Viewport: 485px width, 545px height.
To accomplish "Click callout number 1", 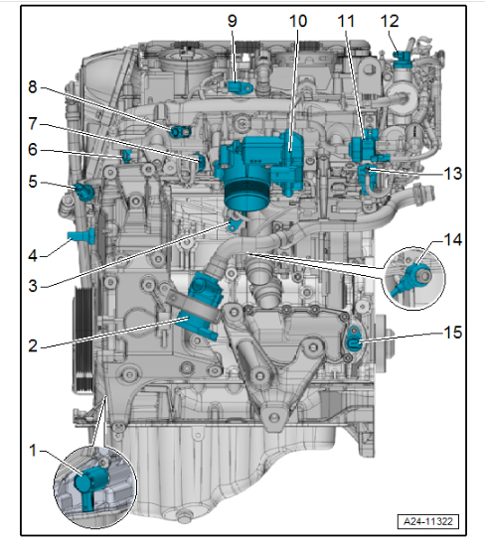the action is [x=33, y=450].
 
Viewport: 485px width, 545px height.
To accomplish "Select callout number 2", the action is [x=33, y=345].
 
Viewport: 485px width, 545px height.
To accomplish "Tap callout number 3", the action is [x=33, y=286].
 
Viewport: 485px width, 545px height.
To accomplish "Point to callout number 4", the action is [x=33, y=255].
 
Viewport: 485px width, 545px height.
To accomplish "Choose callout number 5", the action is [x=33, y=182].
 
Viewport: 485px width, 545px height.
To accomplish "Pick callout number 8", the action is [x=33, y=87].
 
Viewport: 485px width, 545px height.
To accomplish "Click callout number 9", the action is [x=233, y=21].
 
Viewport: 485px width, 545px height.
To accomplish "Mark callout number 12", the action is [x=390, y=21].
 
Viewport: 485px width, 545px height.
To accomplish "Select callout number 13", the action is [x=453, y=174].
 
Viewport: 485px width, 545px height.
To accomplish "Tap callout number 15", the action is [x=453, y=333].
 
